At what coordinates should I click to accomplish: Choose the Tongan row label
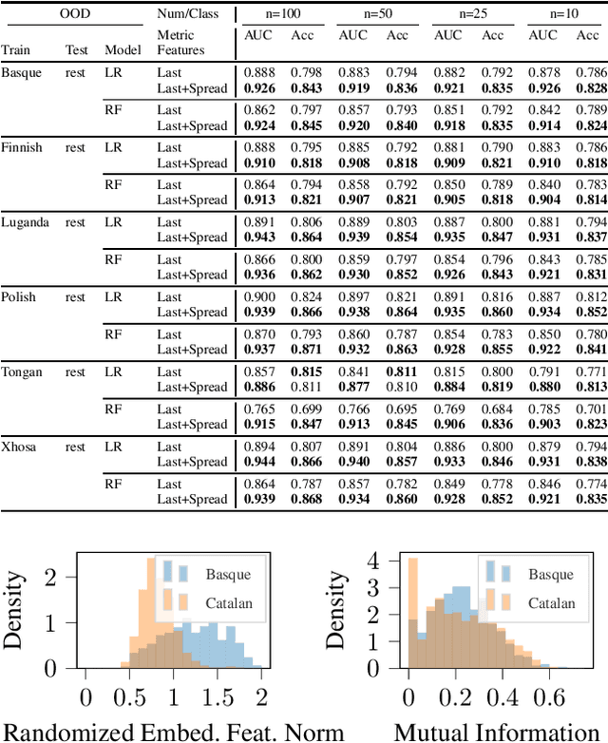click(22, 371)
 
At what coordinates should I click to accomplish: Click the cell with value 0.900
click(258, 297)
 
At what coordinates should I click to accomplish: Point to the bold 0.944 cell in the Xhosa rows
click(258, 462)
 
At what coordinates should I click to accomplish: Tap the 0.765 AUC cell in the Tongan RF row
click(258, 410)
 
